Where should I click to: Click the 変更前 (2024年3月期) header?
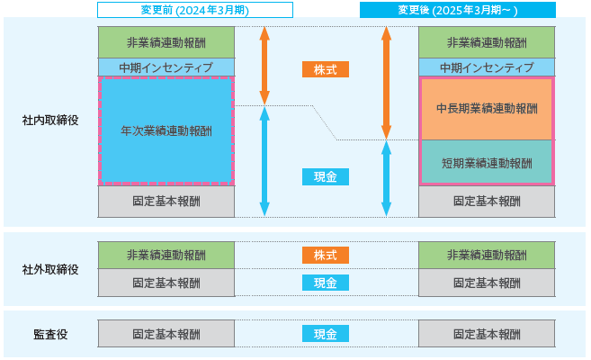[x=195, y=10]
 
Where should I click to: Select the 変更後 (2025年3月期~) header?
[x=458, y=10]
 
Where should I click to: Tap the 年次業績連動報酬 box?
[x=166, y=131]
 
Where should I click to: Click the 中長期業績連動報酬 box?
[x=487, y=109]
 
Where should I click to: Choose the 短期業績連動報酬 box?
[x=487, y=163]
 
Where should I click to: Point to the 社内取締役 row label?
[x=50, y=121]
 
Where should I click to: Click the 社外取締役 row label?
[x=50, y=269]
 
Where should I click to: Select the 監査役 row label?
[x=50, y=335]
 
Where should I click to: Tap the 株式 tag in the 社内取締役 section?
[x=326, y=69]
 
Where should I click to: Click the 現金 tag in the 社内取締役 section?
[x=326, y=176]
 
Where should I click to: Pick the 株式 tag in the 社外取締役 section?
[x=326, y=256]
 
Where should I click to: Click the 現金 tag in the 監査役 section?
[x=326, y=334]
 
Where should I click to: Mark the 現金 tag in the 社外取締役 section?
[x=326, y=283]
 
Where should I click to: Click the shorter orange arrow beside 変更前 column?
[x=264, y=66]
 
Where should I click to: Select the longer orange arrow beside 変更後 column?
[x=386, y=83]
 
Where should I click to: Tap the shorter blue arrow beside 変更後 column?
[x=386, y=178]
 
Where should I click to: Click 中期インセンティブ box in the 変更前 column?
[x=166, y=67]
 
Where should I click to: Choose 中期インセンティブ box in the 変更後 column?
[x=487, y=67]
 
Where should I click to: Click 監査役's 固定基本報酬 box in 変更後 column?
[x=487, y=334]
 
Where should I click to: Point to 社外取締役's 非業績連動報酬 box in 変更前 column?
[x=166, y=256]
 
